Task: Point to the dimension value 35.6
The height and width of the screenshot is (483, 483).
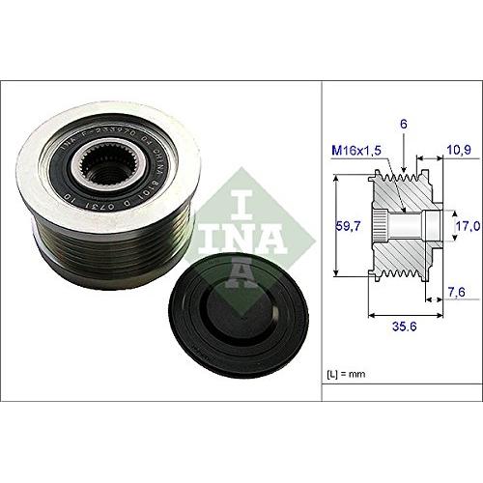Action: pyautogui.click(x=403, y=326)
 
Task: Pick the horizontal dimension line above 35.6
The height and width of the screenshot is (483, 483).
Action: pyautogui.click(x=403, y=313)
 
